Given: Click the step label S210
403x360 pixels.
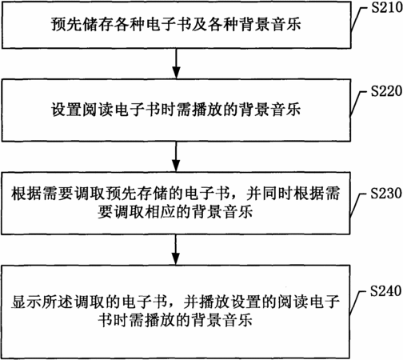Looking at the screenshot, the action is (387, 8).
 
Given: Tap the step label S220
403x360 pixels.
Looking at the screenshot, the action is (386, 91).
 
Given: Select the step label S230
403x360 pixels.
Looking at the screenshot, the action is (386, 193).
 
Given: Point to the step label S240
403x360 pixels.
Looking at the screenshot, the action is (386, 290).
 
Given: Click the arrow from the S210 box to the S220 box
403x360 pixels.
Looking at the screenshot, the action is (176, 63).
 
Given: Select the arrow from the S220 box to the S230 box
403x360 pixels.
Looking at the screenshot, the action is (176, 156).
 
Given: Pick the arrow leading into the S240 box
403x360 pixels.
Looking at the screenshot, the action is (175, 250).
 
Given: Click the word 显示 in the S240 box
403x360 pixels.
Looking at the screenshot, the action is (26, 302).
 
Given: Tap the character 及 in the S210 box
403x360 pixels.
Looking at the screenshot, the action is (199, 24).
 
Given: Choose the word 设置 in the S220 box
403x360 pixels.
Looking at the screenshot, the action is (66, 110).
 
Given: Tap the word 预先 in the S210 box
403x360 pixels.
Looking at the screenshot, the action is (66, 24).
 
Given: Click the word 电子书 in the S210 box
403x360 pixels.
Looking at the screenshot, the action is (169, 24).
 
